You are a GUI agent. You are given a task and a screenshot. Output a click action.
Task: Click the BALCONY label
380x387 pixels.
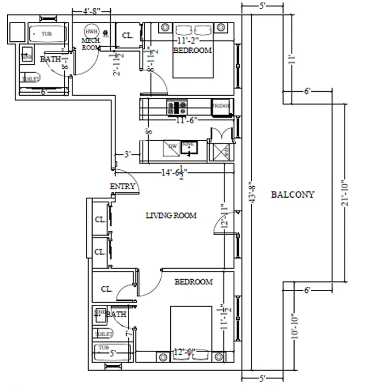[292, 195]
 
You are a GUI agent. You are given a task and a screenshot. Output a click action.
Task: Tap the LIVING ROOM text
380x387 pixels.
[171, 216]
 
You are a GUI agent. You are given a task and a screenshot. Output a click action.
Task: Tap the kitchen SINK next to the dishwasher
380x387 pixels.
[188, 147]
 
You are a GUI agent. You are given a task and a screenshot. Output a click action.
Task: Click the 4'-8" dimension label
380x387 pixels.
[91, 10]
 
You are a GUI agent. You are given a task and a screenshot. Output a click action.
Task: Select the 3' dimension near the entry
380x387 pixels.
[128, 155]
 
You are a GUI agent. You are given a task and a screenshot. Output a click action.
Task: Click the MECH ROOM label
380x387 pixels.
[90, 44]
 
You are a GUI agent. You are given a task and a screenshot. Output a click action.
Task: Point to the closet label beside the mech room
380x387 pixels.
[128, 35]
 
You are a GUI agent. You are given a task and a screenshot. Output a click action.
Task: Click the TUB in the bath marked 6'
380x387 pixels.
[46, 34]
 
